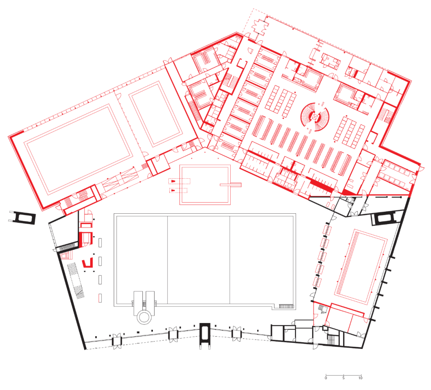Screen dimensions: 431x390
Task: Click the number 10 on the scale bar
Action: pyautogui.click(x=360, y=378)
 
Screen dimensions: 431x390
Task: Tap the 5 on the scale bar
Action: pyautogui.click(x=343, y=378)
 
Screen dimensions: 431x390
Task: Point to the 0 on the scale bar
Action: pyautogui.click(x=326, y=378)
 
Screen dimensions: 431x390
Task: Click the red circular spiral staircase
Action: pyautogui.click(x=315, y=117)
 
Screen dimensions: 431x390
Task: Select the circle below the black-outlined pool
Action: pyautogui.click(x=144, y=317)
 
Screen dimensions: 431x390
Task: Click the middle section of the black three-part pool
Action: pyautogui.click(x=198, y=260)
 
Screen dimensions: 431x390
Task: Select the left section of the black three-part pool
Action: pyautogui.click(x=142, y=260)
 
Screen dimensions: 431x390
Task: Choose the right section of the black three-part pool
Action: pyautogui.click(x=261, y=260)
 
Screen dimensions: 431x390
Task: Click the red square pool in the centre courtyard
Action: pyautogui.click(x=205, y=185)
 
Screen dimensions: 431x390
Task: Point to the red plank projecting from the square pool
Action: pyautogui.click(x=231, y=185)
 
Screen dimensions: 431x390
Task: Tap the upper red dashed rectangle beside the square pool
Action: pyautogui.click(x=179, y=181)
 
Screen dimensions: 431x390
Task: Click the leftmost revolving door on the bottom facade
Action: pyautogui.click(x=117, y=341)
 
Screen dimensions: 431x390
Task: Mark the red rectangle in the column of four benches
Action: pyautogui.click(x=100, y=298)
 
